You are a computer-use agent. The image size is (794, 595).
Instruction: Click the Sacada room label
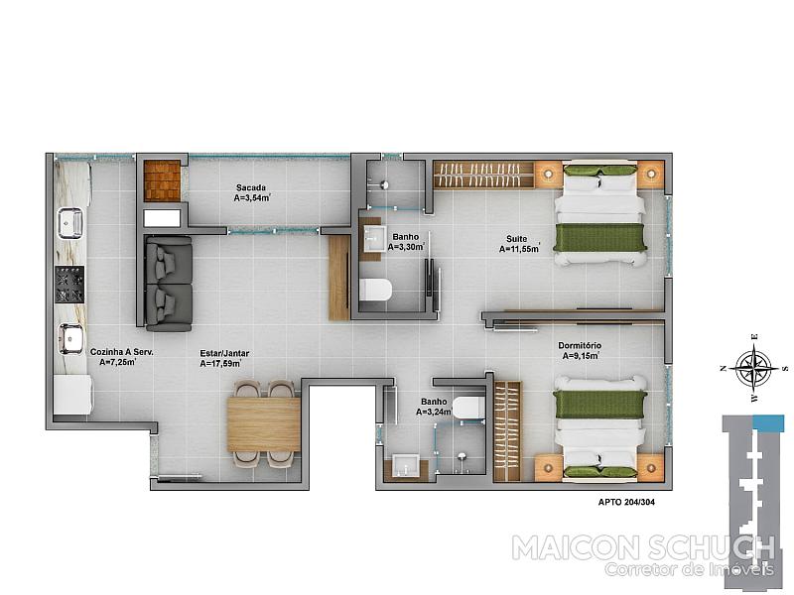coord(251,188)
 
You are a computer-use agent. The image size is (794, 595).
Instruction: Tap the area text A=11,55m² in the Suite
coord(519,249)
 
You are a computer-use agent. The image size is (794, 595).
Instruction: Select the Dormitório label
coord(580,345)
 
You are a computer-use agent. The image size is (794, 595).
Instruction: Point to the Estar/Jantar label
coord(224,354)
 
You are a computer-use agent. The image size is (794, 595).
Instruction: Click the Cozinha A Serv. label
coord(121,352)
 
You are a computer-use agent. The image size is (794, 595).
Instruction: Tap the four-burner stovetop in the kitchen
coord(69,285)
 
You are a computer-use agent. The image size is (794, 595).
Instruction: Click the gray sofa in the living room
coord(169,284)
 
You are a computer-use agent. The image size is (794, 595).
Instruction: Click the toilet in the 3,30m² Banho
coord(375,291)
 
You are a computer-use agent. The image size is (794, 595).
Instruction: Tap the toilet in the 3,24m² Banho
coord(468,408)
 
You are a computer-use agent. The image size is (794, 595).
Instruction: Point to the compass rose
coord(754,368)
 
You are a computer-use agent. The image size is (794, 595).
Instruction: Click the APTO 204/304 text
coord(626,502)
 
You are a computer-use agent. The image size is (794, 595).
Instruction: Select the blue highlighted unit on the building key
coord(768,423)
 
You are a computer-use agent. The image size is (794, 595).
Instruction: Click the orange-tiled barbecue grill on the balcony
coord(162,180)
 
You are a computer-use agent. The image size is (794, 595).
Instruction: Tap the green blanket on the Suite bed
coord(600,238)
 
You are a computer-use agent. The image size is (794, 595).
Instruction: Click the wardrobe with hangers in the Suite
coord(483,176)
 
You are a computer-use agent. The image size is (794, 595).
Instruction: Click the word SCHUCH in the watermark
coord(718,548)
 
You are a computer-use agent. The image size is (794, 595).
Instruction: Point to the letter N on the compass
coord(724,368)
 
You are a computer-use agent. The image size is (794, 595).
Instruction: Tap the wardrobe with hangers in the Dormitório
coord(507,431)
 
